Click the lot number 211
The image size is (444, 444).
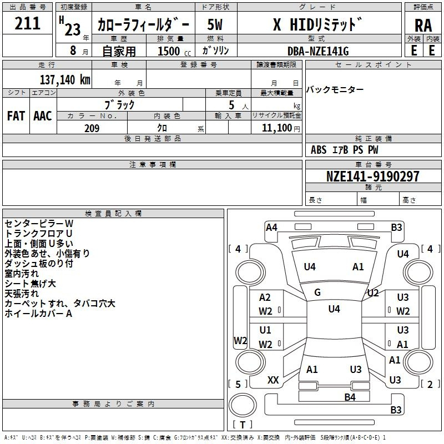[x=28, y=23]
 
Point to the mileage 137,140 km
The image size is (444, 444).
[x=65, y=79]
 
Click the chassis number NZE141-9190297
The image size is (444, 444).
[x=373, y=176]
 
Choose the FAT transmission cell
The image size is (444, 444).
[x=16, y=115]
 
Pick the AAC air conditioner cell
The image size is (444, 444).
[x=43, y=115]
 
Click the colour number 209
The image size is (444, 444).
[x=92, y=128]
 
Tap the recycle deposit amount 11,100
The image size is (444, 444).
[x=276, y=128]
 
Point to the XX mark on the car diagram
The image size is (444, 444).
[x=273, y=380]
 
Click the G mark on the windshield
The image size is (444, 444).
[x=317, y=292]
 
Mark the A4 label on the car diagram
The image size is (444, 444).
[x=271, y=227]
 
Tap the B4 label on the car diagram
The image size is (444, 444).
[x=350, y=397]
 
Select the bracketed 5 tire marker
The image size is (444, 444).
[x=238, y=384]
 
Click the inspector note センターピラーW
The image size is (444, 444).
[x=39, y=223]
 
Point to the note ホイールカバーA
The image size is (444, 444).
[x=39, y=314]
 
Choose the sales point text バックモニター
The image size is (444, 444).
[x=335, y=90]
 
